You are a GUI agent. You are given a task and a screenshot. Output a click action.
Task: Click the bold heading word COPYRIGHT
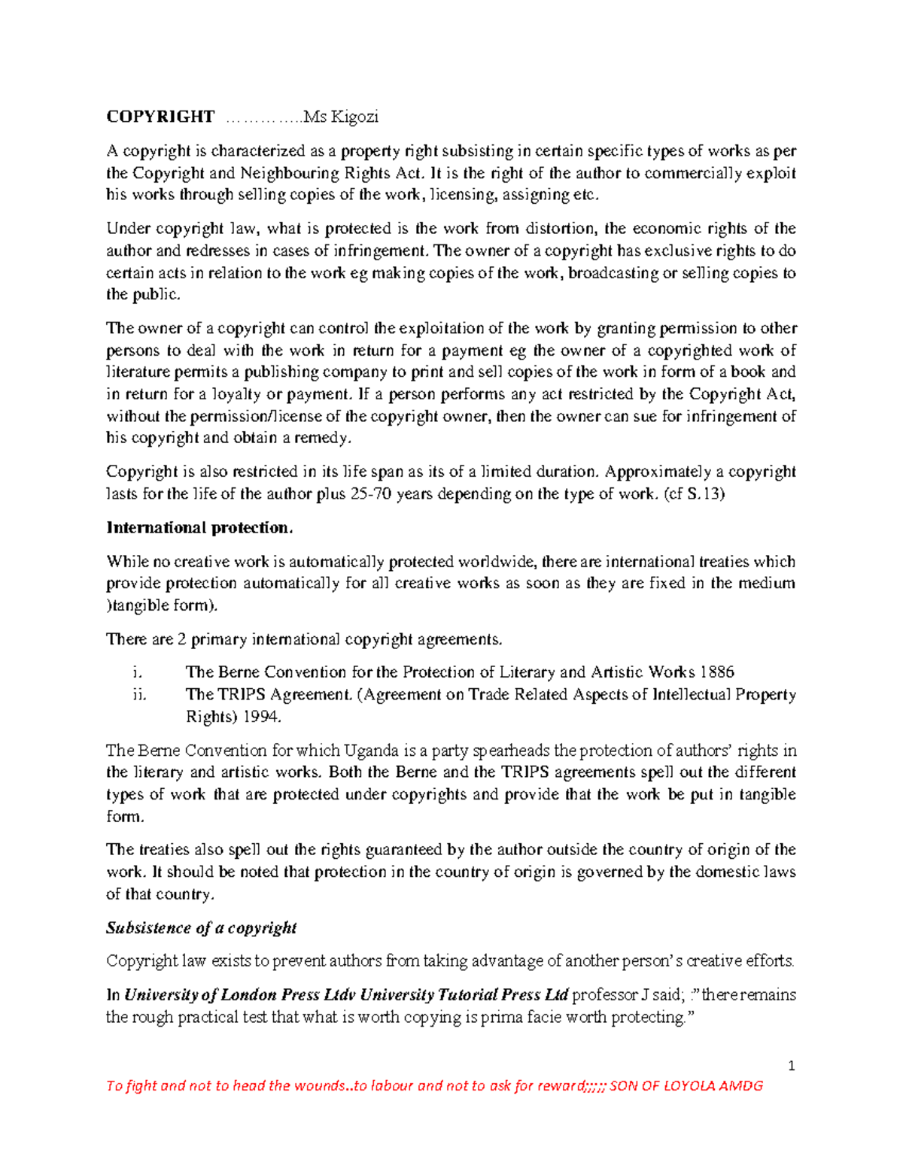160,117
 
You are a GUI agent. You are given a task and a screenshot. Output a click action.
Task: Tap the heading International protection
199,528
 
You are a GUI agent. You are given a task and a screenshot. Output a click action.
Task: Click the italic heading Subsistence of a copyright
201,928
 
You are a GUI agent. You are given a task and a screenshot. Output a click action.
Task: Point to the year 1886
716,672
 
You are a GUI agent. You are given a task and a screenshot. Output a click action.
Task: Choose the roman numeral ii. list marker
138,695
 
